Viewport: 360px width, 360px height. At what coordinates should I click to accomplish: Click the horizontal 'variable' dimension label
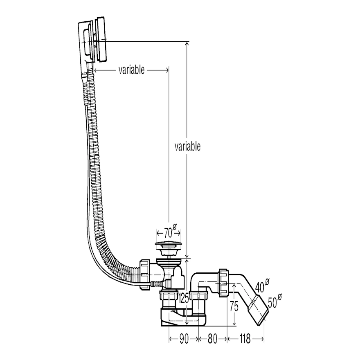[131, 70]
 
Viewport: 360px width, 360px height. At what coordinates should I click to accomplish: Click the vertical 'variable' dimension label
[187, 146]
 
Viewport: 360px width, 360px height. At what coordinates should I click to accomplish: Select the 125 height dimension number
[184, 298]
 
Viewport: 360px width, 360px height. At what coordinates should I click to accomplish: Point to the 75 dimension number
[234, 307]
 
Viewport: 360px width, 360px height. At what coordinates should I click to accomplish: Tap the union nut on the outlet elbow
[223, 282]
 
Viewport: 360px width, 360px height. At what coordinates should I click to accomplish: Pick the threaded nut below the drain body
[167, 297]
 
